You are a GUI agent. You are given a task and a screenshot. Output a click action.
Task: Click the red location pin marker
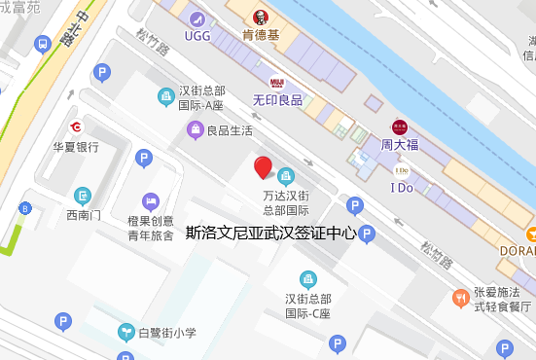click(x=263, y=167)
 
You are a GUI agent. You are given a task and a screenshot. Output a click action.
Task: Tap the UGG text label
click(x=198, y=36)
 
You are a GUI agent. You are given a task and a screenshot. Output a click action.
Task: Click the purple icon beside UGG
click(x=198, y=18)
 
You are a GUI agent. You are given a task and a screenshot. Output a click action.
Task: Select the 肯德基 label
click(x=260, y=36)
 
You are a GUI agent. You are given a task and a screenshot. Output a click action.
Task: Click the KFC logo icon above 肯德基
click(x=260, y=18)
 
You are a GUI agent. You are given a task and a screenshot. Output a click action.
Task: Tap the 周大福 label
click(x=400, y=144)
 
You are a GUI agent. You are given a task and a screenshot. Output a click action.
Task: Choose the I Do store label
click(x=401, y=188)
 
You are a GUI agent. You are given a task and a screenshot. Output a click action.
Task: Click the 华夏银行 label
click(x=76, y=147)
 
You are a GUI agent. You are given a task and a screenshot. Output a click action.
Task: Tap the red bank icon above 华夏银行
click(x=76, y=127)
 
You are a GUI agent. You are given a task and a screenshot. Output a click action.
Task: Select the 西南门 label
click(x=83, y=214)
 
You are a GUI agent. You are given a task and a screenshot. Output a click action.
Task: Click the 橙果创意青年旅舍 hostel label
click(x=151, y=228)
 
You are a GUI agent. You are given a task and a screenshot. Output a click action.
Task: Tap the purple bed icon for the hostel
click(x=151, y=201)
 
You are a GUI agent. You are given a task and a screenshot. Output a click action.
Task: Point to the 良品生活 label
click(x=230, y=130)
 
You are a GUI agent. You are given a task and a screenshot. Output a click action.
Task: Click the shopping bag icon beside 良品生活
click(x=196, y=129)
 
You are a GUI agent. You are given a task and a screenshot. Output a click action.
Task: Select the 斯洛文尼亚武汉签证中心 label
click(x=270, y=234)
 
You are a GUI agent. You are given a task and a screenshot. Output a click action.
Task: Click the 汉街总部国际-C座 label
click(x=307, y=306)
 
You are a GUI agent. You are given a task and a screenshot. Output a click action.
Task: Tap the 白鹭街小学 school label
click(x=166, y=333)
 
